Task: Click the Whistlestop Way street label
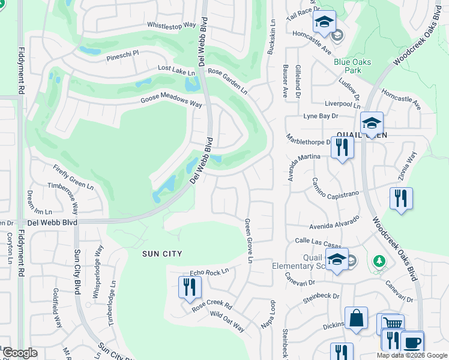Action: point(172,25)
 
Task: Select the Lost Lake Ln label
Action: point(176,70)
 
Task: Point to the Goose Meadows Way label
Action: point(171,102)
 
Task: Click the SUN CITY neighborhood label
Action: point(161,254)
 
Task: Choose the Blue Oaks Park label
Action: point(352,66)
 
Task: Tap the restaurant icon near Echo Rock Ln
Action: point(189,287)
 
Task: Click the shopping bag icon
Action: point(356,318)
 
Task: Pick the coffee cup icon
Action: point(412,342)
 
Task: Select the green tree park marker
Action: point(379,261)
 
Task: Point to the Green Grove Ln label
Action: point(248,240)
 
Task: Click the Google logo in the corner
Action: point(20,353)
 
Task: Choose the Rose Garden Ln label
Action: point(228,80)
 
